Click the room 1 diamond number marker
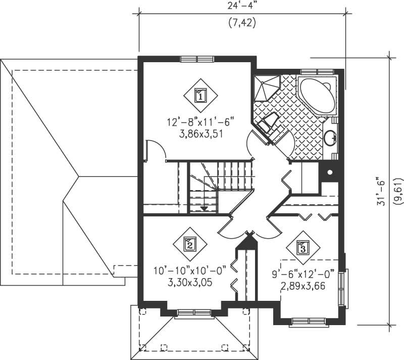coord(200,95)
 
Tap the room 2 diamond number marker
coord(189,245)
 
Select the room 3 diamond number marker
coord(302,248)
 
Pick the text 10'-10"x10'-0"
coord(189,271)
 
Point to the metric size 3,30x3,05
coord(189,283)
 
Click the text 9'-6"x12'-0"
coord(302,275)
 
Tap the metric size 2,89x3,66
coord(302,286)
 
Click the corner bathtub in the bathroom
coord(318,96)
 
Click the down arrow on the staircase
coord(204,207)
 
